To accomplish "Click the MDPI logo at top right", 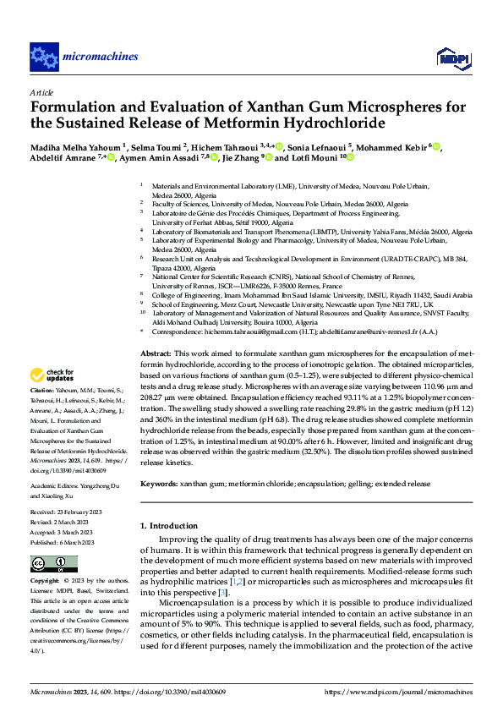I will coord(453,58).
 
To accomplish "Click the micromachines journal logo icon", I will coord(44,58).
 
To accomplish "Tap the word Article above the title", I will coord(41,92).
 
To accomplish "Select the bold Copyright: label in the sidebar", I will coord(45,582).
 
